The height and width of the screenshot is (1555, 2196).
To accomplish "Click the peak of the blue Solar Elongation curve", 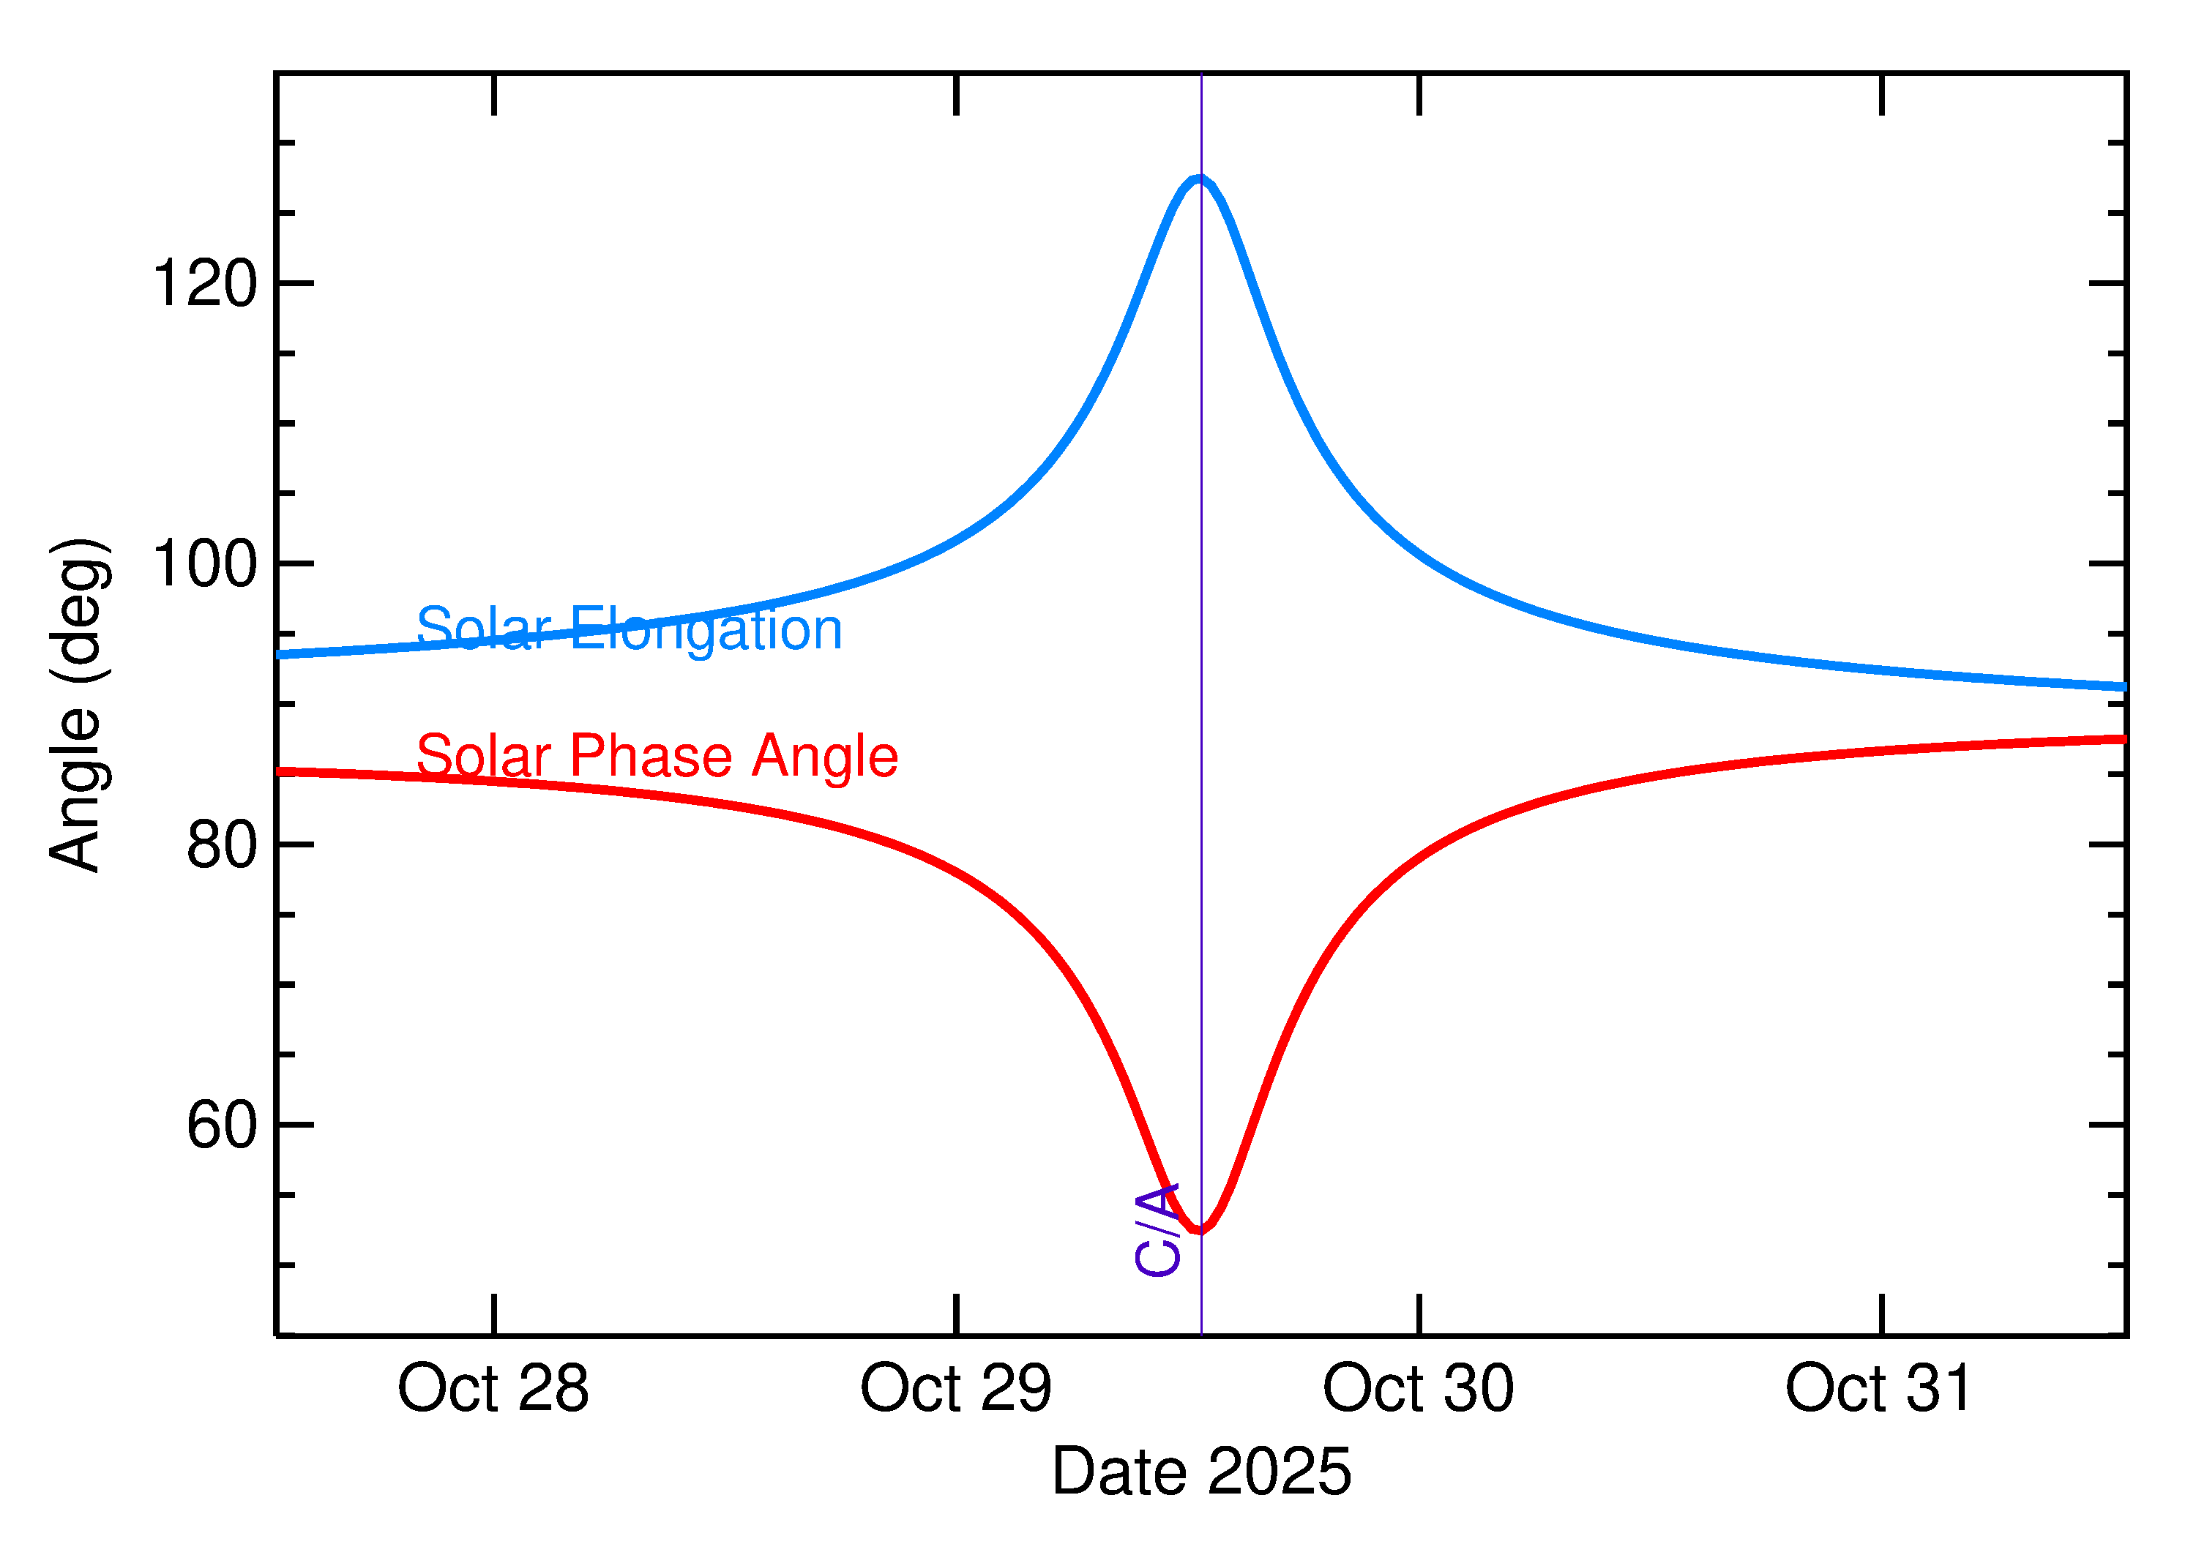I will [1199, 178].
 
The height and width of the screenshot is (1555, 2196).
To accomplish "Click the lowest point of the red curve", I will [1199, 1230].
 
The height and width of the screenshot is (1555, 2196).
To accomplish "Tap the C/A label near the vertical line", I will [1157, 1230].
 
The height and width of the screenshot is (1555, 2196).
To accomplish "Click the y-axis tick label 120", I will [205, 283].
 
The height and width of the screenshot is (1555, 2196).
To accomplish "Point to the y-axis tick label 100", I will [205, 564].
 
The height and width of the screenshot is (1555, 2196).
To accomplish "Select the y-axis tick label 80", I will [223, 844].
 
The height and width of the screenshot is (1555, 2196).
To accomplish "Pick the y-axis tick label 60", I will [223, 1125].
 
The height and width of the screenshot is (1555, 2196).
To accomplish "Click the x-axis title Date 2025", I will [1201, 1472].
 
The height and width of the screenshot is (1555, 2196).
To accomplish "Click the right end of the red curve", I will [2124, 739].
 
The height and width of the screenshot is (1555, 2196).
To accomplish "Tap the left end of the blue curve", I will [280, 655].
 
